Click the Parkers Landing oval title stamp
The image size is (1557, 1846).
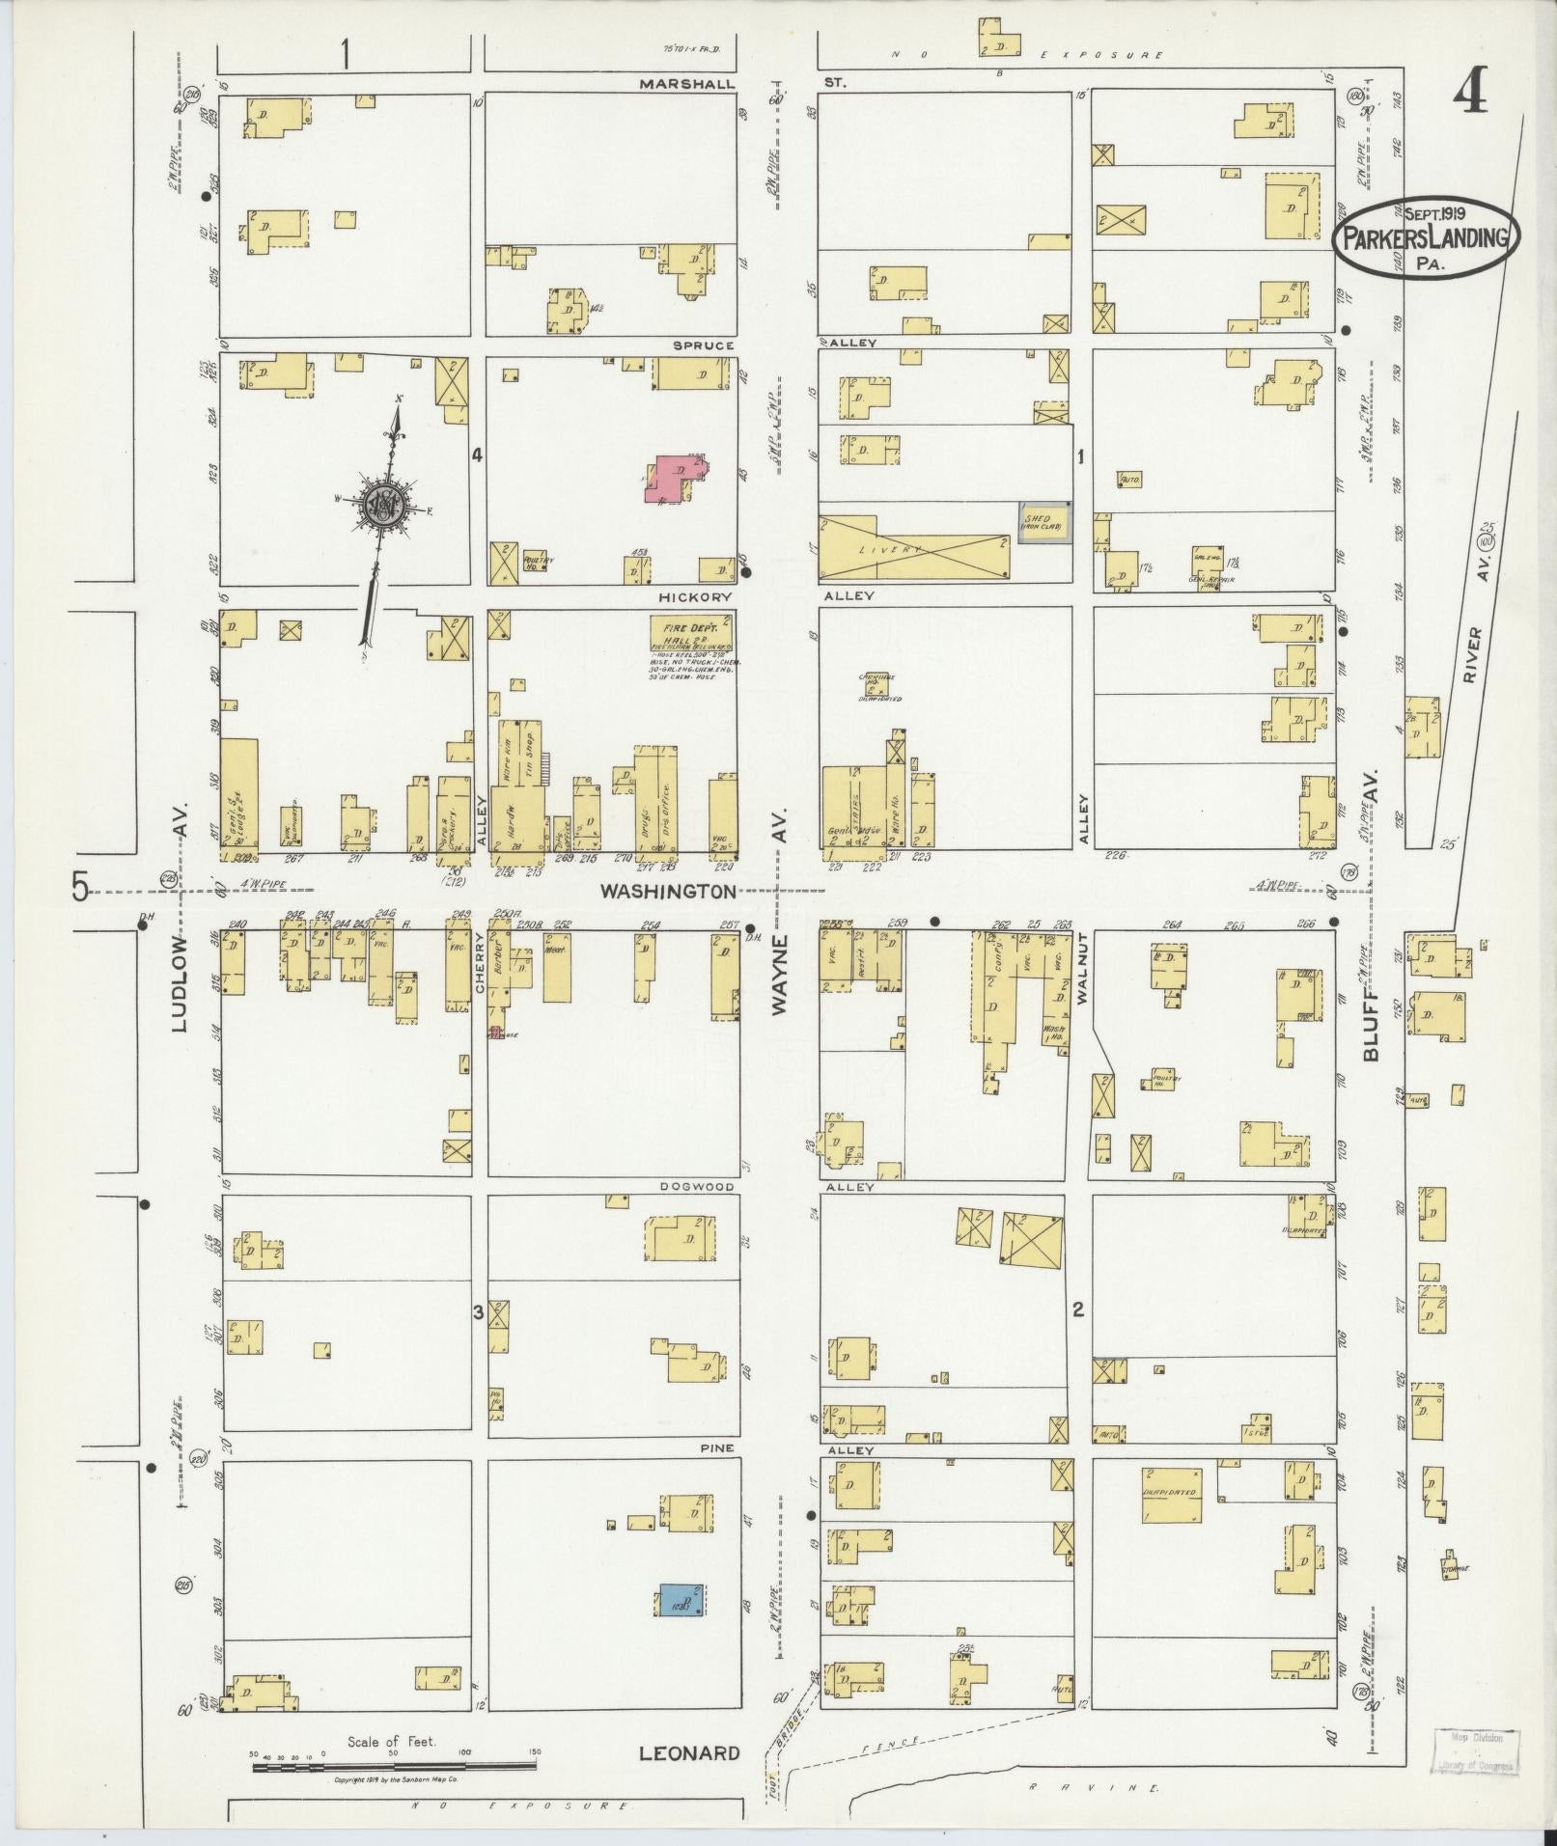click(1426, 236)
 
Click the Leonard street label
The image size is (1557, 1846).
click(689, 1753)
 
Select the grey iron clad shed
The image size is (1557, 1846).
click(1043, 522)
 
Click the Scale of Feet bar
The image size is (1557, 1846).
click(393, 1767)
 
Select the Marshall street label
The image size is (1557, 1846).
click(686, 84)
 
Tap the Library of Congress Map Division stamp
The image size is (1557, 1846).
click(1473, 1751)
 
